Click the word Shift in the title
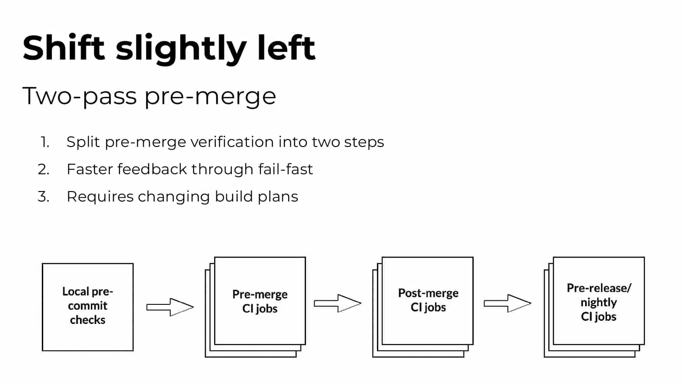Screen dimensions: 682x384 click(x=64, y=48)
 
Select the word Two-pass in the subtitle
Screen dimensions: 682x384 click(x=80, y=96)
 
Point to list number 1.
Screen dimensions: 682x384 click(x=45, y=142)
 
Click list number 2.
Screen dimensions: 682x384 click(x=44, y=169)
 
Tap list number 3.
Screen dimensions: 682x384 click(x=44, y=197)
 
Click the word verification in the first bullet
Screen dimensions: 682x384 click(x=232, y=142)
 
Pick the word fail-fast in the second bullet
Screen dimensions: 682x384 click(x=286, y=169)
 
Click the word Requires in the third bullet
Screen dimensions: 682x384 click(x=100, y=197)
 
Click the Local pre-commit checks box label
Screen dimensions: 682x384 click(x=88, y=306)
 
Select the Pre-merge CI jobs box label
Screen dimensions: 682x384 click(x=260, y=301)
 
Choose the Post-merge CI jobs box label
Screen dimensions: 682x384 click(x=428, y=300)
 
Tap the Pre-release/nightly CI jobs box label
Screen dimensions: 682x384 click(x=599, y=302)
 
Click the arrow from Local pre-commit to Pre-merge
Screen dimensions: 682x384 click(x=170, y=307)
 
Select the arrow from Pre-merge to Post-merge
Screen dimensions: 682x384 click(x=338, y=303)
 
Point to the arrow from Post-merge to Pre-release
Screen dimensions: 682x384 click(x=507, y=303)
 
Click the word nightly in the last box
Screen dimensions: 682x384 click(x=599, y=303)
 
